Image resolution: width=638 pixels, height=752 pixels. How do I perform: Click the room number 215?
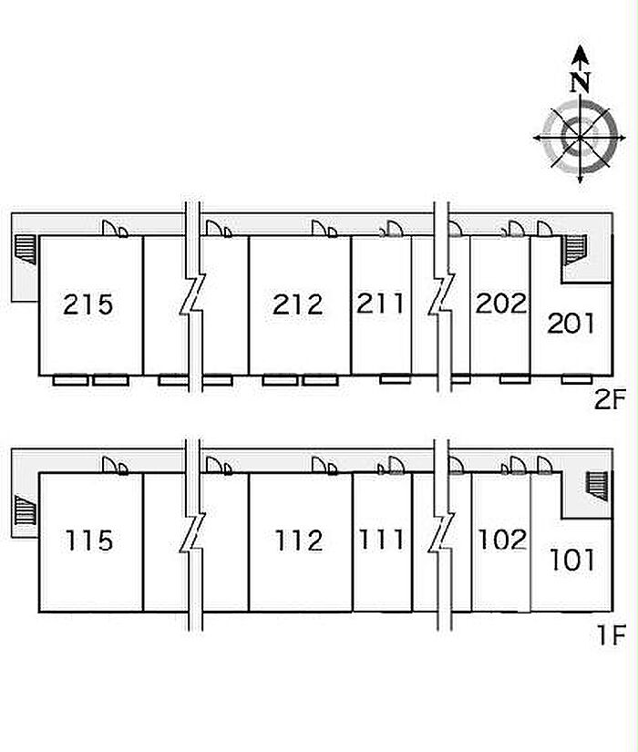click(x=88, y=304)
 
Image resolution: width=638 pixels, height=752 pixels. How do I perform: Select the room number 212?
click(x=298, y=304)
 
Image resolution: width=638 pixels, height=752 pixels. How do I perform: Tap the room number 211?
click(x=380, y=304)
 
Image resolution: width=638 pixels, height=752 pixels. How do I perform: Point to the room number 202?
click(x=500, y=304)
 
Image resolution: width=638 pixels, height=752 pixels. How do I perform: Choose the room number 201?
click(x=571, y=323)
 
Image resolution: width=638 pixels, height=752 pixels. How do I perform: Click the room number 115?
click(x=89, y=541)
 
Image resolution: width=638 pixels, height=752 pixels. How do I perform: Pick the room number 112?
click(x=299, y=541)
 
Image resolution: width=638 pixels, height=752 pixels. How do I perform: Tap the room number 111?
click(x=381, y=539)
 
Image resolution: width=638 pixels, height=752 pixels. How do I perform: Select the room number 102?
click(x=502, y=539)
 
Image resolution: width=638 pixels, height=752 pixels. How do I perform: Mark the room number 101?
click(x=571, y=560)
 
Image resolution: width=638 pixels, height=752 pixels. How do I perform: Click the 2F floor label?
click(x=610, y=399)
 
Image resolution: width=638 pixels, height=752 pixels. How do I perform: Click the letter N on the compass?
click(x=581, y=82)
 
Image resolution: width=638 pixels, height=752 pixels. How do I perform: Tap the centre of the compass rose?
click(x=581, y=139)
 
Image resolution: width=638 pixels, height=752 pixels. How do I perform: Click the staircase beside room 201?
click(x=576, y=250)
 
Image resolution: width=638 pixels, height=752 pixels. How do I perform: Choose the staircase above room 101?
click(x=597, y=487)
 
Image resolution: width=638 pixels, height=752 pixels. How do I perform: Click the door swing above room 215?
click(x=115, y=228)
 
